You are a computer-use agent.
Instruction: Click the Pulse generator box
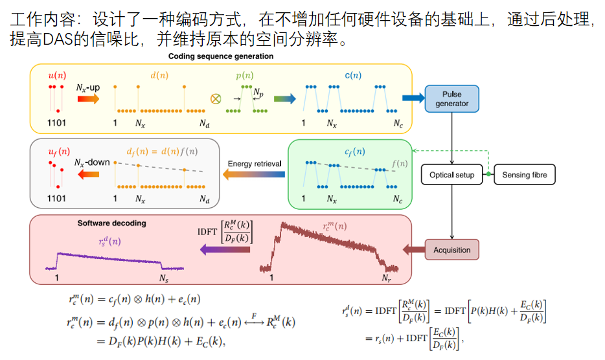452,98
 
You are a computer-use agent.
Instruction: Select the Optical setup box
452,175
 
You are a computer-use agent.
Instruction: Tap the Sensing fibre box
525,175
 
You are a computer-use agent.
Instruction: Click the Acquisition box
452,250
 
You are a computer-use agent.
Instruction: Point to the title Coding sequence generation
221,56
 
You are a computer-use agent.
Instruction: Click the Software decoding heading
111,223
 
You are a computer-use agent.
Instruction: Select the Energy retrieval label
255,164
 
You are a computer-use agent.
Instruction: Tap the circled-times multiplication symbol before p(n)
216,99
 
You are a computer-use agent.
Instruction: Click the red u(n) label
57,75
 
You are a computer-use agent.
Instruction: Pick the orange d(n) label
159,75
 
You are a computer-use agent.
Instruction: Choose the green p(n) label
244,75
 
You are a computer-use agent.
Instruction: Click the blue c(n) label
352,75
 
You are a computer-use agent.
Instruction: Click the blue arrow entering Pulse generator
412,98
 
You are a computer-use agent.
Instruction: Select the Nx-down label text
92,163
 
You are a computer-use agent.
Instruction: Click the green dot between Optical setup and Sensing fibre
488,175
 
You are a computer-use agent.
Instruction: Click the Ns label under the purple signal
164,278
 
